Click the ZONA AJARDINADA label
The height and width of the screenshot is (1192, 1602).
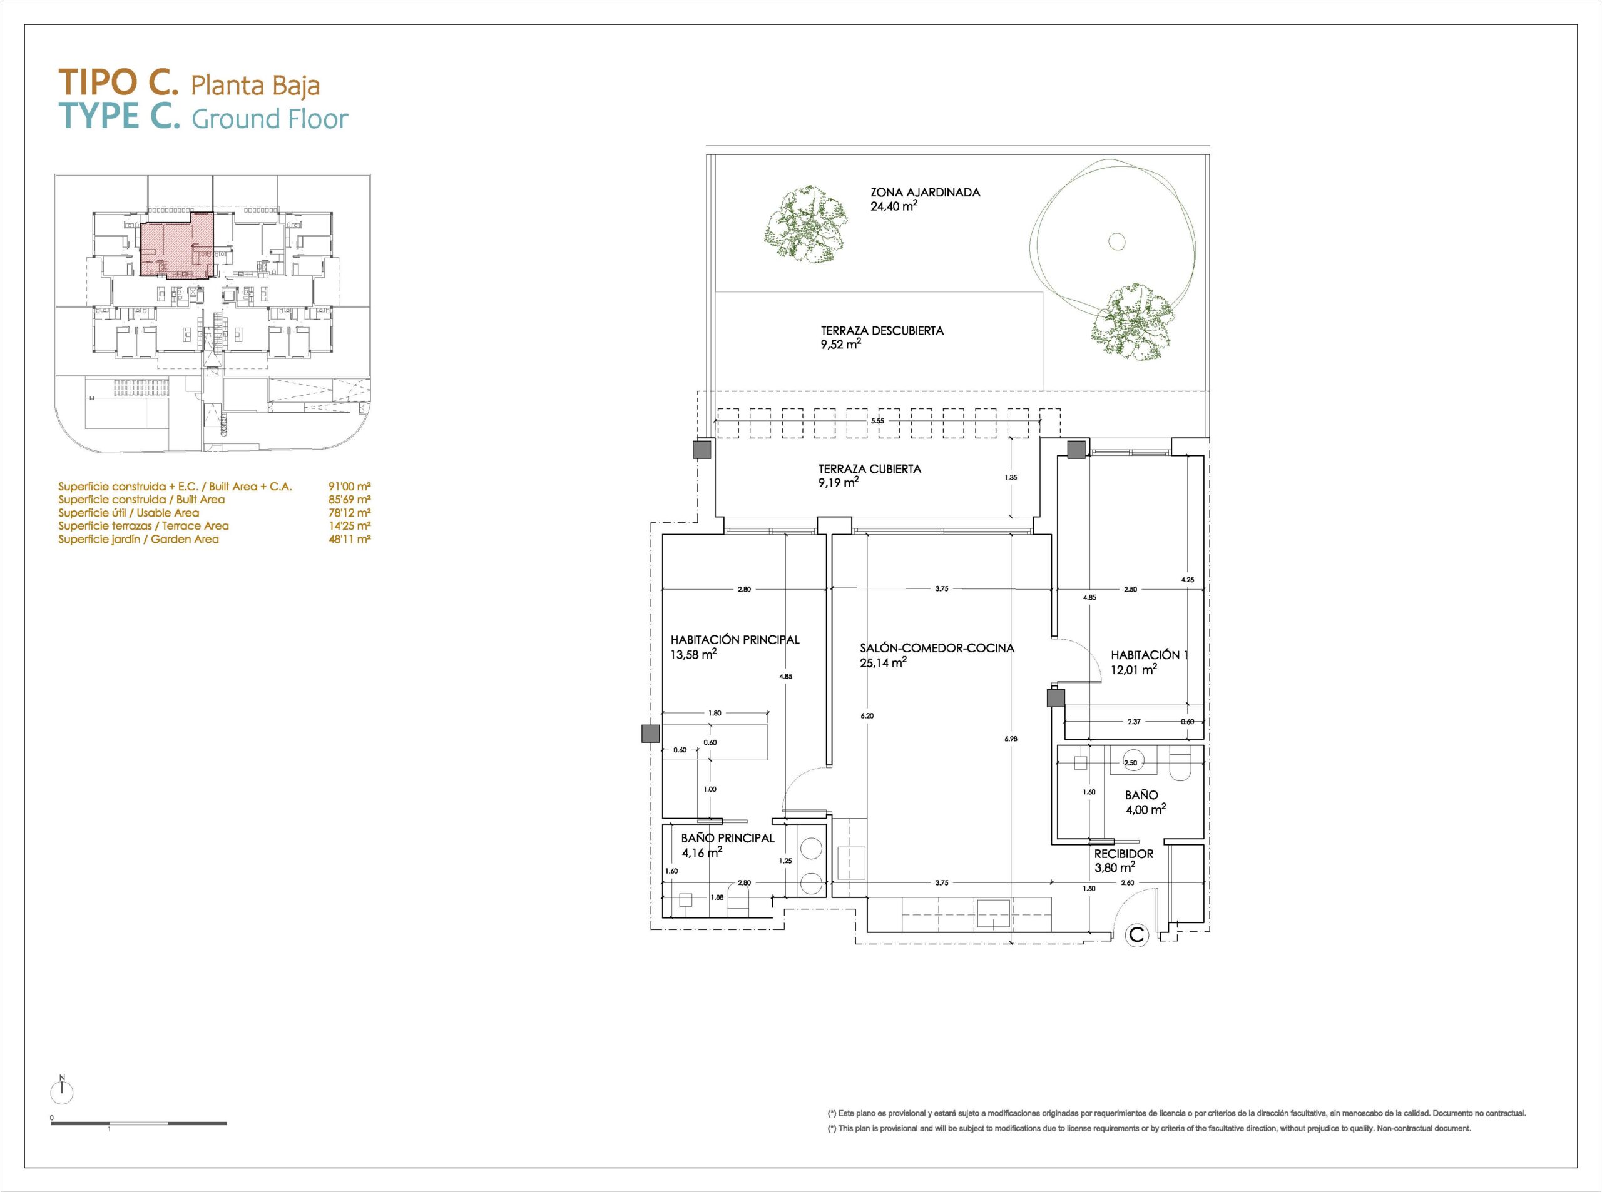[925, 193]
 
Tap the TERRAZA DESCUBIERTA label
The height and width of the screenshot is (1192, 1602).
[882, 330]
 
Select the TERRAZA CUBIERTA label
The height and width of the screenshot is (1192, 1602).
[869, 468]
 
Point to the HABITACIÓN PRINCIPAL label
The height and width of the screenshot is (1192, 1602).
[735, 639]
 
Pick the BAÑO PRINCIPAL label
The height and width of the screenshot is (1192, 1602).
[728, 838]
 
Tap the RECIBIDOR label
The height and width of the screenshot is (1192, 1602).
[1124, 854]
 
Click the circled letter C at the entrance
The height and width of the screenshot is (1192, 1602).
[1137, 935]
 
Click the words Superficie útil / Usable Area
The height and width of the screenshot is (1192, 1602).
[128, 513]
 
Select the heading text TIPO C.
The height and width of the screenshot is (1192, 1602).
[118, 83]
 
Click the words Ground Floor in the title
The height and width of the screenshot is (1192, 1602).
[270, 119]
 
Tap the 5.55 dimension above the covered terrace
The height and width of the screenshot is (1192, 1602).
[877, 421]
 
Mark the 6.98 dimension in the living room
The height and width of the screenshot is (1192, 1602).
[1010, 738]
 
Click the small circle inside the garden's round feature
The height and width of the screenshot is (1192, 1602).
[1117, 242]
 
